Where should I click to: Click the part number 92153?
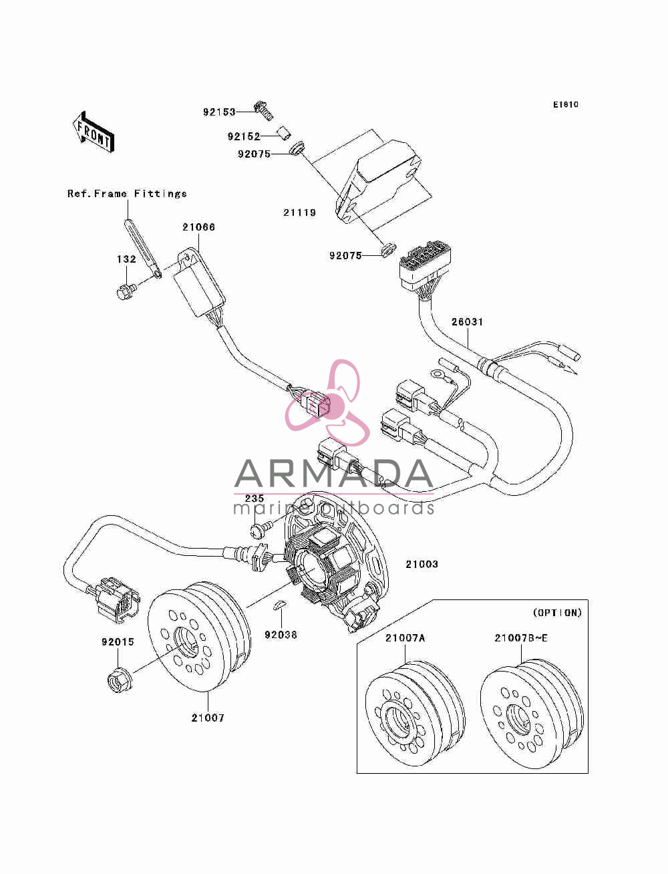pos(219,112)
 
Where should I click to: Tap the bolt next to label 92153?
pos(264,110)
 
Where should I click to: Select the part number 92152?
pos(244,136)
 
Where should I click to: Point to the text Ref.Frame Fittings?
pos(127,194)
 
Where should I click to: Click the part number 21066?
pos(198,227)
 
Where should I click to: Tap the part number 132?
pos(127,259)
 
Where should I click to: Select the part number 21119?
pos(300,212)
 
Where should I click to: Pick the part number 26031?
pos(468,321)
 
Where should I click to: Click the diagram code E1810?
pos(565,105)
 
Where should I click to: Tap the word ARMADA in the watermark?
pos(333,474)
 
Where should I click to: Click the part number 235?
pos(255,498)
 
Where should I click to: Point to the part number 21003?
pos(422,564)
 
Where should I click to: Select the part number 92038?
pos(281,635)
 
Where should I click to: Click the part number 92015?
pos(118,642)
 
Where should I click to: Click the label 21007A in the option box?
pos(405,638)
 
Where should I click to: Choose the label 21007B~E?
pos(521,638)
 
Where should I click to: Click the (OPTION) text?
pos(557,613)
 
